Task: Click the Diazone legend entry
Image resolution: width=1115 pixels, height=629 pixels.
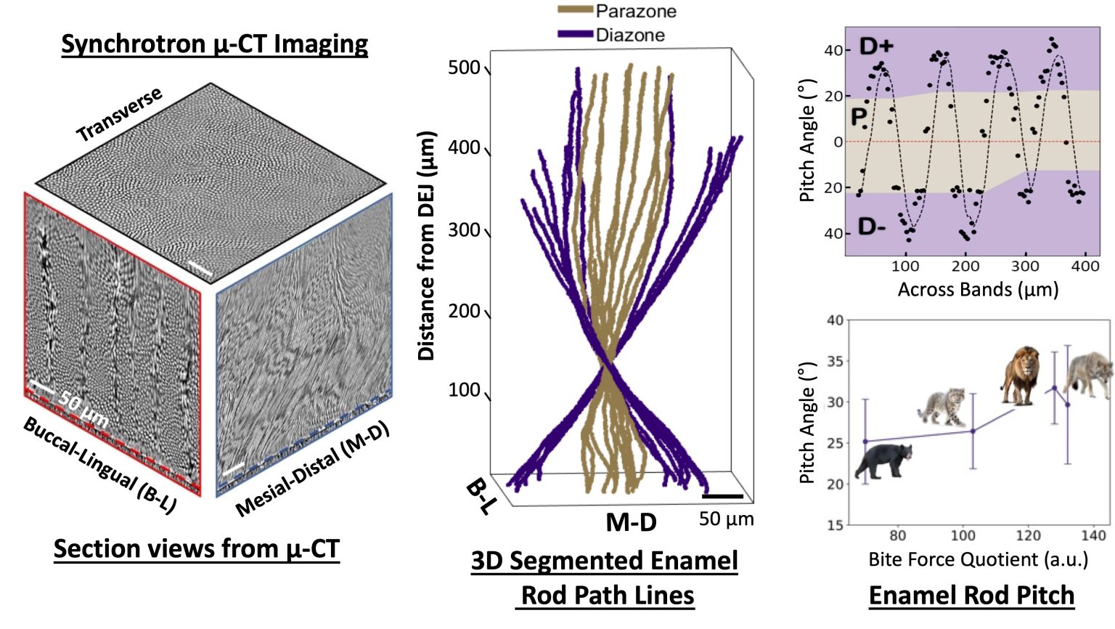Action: [x=611, y=35]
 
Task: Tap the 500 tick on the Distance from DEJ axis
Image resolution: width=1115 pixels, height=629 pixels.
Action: [x=465, y=68]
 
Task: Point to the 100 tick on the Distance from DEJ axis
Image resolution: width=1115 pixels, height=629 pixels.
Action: [x=465, y=391]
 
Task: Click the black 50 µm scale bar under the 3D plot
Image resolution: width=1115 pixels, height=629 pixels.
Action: [x=722, y=497]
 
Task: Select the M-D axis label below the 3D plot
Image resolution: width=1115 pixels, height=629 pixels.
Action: [x=631, y=522]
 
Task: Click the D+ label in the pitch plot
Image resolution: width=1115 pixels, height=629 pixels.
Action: [x=876, y=46]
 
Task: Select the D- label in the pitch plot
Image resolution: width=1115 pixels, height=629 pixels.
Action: [x=871, y=227]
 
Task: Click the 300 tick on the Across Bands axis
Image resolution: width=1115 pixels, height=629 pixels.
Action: [x=1025, y=267]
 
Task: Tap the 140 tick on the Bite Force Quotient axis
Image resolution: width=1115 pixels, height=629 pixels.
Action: [x=1093, y=536]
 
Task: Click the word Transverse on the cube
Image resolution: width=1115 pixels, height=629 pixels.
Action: [x=119, y=115]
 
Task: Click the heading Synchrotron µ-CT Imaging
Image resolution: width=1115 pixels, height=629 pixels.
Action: [x=214, y=44]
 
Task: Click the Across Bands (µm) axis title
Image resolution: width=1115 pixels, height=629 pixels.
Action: [x=978, y=290]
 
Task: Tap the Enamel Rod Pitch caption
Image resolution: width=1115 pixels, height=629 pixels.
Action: [x=971, y=595]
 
